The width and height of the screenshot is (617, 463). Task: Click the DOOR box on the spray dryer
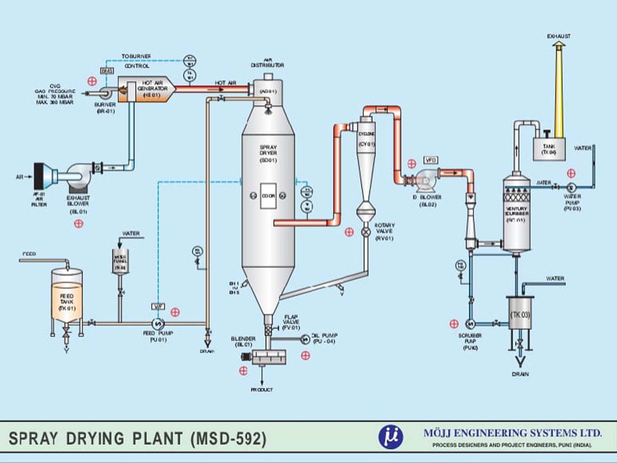(x=268, y=196)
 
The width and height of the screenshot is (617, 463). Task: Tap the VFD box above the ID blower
(x=431, y=161)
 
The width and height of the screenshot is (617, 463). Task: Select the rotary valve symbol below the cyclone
(x=366, y=232)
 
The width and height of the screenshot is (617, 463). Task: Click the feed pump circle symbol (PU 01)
(x=157, y=323)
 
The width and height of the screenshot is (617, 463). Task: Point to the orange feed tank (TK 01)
(x=67, y=301)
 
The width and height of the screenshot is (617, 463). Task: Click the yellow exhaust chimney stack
(x=558, y=93)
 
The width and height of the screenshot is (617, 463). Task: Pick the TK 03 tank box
(x=520, y=313)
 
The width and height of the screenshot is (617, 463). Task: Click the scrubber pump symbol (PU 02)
(x=470, y=324)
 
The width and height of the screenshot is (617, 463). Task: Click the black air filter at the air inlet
(x=38, y=177)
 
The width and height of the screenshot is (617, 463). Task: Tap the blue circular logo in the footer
(x=391, y=437)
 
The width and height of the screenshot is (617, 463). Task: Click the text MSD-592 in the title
(x=228, y=439)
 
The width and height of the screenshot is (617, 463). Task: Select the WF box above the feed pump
(x=157, y=307)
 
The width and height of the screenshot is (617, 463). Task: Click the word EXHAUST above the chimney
(x=558, y=37)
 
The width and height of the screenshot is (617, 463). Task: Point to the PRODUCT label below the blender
(x=262, y=390)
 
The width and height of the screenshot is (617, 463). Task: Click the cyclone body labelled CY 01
(x=365, y=149)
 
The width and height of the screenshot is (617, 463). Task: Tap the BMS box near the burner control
(x=107, y=70)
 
